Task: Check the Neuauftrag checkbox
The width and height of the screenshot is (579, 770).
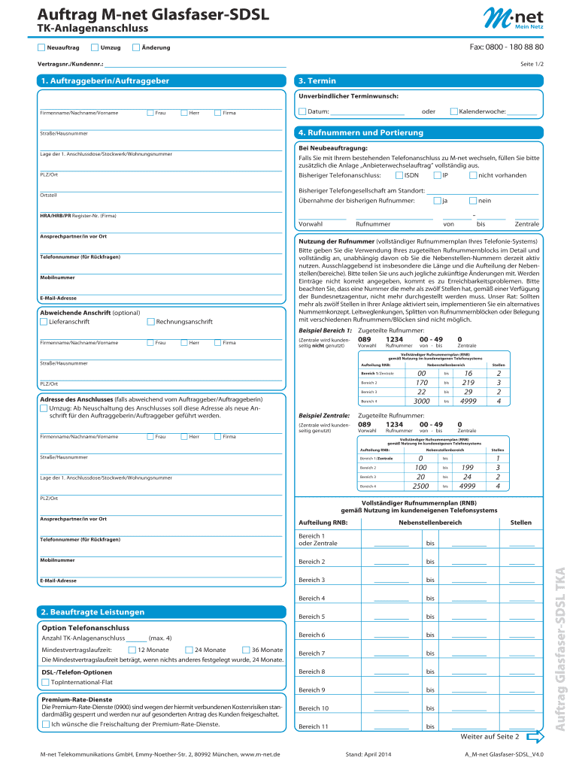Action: (41, 48)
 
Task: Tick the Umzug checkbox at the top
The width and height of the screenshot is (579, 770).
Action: (94, 48)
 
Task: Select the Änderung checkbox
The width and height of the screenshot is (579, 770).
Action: (135, 48)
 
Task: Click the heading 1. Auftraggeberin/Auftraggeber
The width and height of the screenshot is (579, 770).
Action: (105, 80)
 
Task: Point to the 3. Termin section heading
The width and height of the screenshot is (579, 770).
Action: (317, 80)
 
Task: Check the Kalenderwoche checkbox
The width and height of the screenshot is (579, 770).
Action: (453, 111)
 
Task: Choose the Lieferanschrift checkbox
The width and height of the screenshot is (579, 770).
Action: (43, 322)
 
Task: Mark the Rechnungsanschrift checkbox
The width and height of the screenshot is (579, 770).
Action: (150, 322)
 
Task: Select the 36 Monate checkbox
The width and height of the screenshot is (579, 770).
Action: (246, 650)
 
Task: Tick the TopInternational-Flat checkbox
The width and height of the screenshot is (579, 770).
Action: (44, 682)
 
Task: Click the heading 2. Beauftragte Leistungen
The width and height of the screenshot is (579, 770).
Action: (92, 612)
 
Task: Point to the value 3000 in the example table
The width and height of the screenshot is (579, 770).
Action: (422, 402)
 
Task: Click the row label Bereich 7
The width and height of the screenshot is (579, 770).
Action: (311, 653)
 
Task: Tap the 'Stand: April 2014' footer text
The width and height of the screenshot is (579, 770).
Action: (368, 753)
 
